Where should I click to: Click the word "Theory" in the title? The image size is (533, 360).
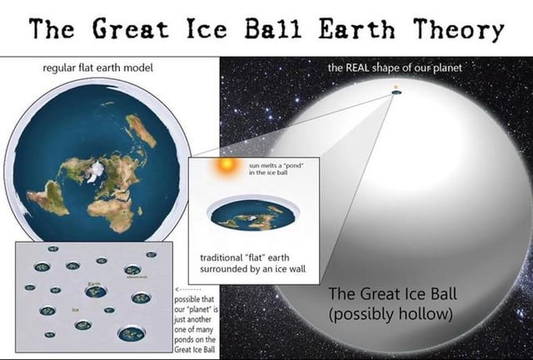tap(455, 29)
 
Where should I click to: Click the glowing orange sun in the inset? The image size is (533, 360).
tap(225, 167)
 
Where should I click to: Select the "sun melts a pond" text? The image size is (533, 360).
tap(275, 170)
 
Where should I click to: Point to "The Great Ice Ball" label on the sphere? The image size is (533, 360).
tap(392, 294)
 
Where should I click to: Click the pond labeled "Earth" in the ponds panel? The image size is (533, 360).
tap(95, 292)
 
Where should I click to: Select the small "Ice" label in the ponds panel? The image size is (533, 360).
tap(76, 309)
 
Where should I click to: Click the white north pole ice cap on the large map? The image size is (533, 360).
tap(97, 170)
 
